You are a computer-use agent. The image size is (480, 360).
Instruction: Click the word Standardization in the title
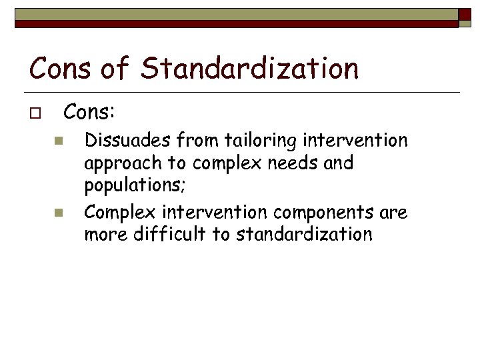251,68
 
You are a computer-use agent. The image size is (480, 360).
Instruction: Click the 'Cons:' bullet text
89,113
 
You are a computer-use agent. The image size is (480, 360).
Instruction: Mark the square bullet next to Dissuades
58,141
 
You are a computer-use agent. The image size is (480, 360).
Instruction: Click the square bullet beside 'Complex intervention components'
58,213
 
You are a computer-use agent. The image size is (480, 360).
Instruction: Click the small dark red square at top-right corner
465,15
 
